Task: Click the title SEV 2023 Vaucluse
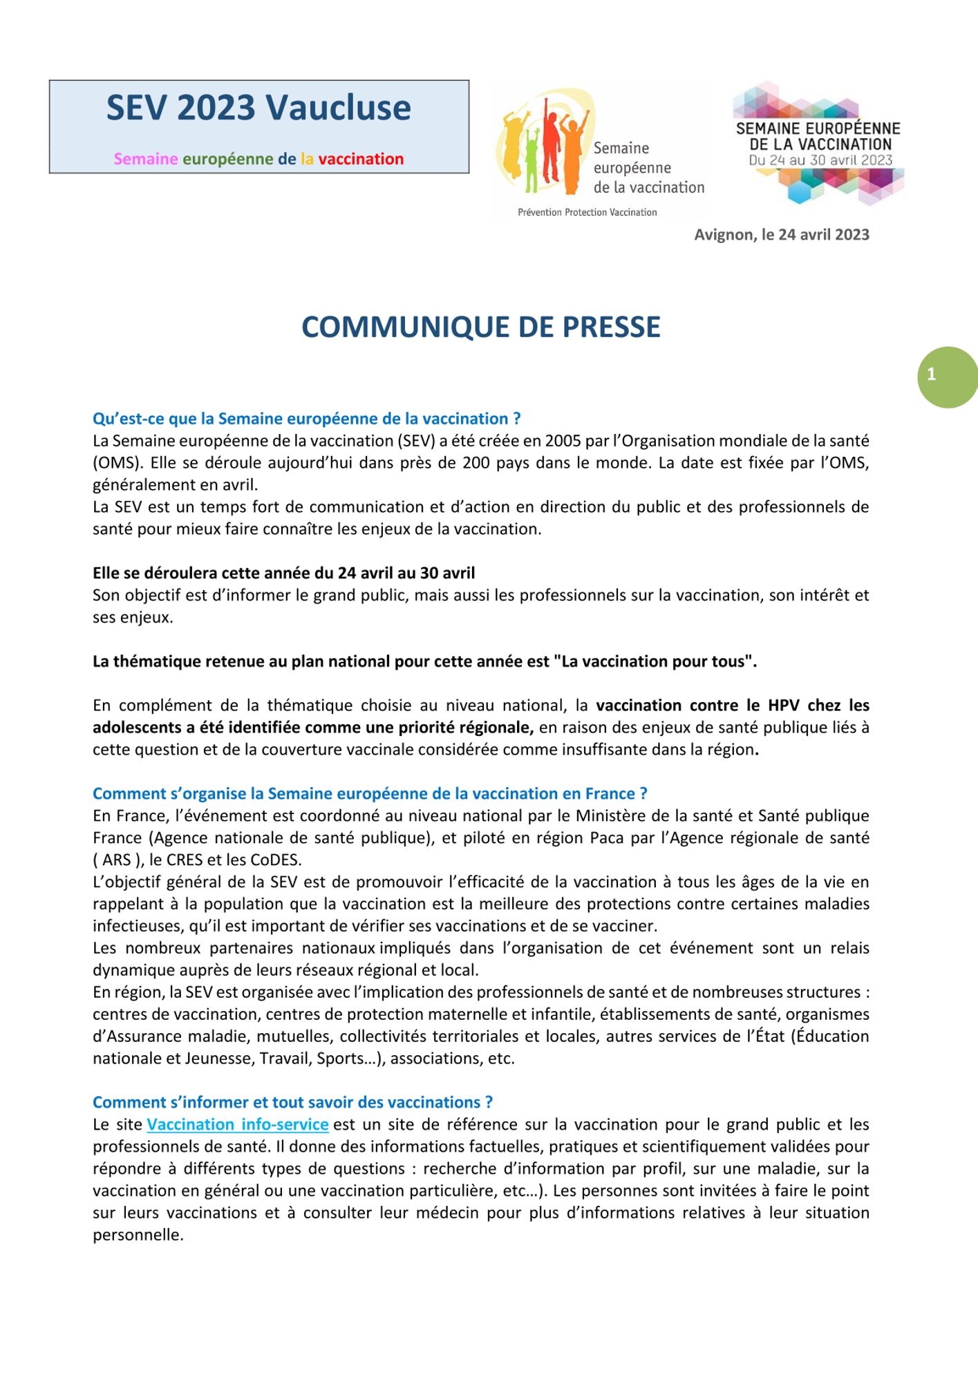(258, 108)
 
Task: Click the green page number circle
(947, 377)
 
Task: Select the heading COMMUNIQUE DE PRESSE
(480, 327)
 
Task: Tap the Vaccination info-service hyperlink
(237, 1124)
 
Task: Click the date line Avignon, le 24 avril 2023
(781, 234)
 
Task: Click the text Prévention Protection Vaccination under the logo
(587, 212)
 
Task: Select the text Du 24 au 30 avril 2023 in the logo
(820, 160)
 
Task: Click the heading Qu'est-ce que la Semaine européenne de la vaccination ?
(306, 418)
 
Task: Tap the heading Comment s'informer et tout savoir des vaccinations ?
(292, 1102)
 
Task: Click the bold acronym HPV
(783, 705)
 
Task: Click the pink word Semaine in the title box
(146, 159)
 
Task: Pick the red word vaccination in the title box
(361, 159)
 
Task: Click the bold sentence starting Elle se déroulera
(283, 573)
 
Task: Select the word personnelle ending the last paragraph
(138, 1235)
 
